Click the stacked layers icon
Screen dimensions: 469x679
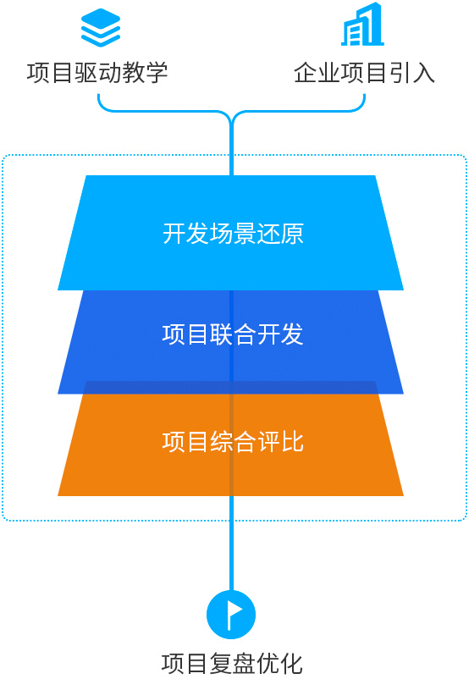click(101, 28)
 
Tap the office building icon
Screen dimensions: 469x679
click(362, 25)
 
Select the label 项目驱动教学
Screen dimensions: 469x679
click(97, 72)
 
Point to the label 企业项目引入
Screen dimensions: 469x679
click(364, 72)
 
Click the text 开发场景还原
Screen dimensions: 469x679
click(233, 234)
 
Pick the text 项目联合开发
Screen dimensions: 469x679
click(233, 334)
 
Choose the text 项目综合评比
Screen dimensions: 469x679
click(233, 442)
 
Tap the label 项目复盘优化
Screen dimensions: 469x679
click(232, 664)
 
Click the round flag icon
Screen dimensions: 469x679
click(231, 615)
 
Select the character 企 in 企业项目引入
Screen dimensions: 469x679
click(306, 72)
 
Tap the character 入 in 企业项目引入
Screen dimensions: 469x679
click(423, 72)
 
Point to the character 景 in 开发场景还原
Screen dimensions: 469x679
click(245, 234)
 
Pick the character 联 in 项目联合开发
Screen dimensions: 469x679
click(221, 334)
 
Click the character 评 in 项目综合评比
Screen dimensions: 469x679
click(268, 442)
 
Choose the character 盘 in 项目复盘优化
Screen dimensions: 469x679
click(243, 664)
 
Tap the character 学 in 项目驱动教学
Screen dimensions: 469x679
click(157, 72)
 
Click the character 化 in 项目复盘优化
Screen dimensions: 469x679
click(291, 664)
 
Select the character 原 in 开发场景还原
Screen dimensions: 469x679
click(292, 234)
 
